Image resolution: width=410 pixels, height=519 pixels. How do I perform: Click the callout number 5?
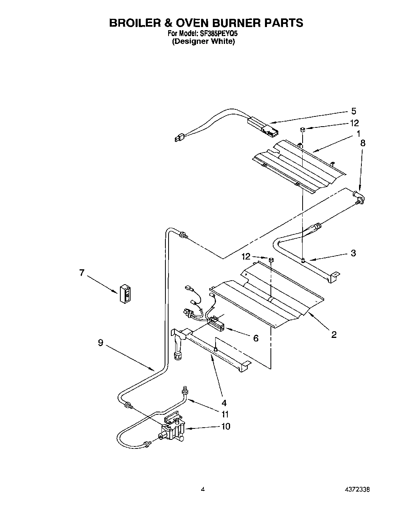click(354, 111)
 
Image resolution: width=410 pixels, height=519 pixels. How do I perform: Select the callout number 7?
click(82, 273)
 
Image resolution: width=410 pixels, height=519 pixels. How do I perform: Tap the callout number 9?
click(101, 343)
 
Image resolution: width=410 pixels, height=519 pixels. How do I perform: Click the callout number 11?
click(225, 414)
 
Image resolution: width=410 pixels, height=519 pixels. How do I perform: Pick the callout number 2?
click(334, 334)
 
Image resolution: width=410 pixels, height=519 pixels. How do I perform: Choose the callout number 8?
click(363, 143)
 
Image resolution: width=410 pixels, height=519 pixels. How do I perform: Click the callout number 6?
click(256, 338)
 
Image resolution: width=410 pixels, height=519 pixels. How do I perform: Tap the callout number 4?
click(223, 403)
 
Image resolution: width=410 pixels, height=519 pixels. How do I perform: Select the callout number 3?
click(353, 253)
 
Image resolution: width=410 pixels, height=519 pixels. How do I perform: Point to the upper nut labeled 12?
click(303, 129)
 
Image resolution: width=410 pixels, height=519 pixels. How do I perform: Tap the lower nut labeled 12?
click(270, 259)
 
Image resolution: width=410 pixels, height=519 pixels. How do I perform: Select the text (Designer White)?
click(203, 41)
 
